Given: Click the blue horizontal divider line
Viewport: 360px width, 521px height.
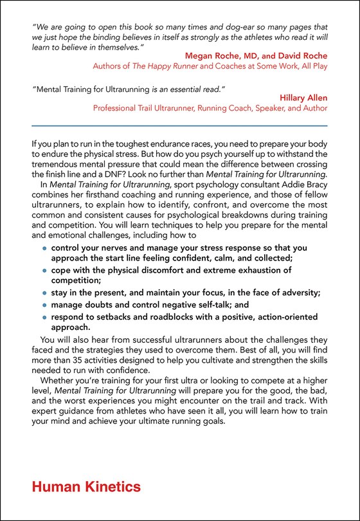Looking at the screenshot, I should (x=179, y=125).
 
